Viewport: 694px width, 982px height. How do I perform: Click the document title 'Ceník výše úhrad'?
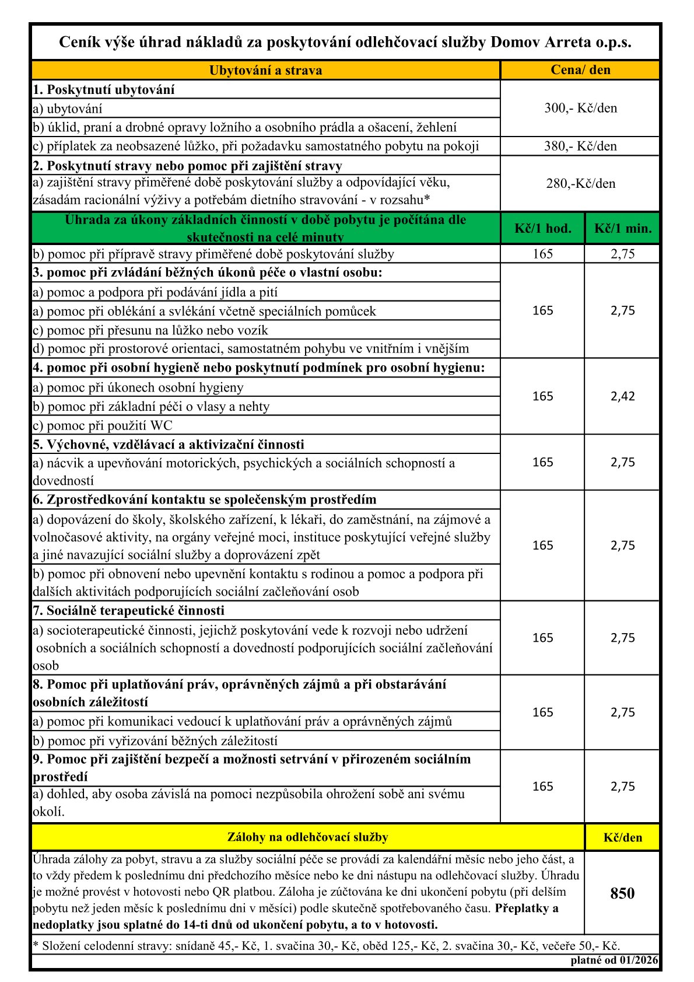345,43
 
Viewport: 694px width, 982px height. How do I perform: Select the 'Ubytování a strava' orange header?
265,71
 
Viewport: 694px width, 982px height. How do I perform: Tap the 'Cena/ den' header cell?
580,70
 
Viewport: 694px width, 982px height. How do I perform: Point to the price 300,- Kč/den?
580,108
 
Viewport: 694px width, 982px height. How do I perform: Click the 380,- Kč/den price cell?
580,146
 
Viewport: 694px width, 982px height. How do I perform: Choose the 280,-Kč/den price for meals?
580,184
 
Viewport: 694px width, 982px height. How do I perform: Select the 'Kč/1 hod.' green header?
542,228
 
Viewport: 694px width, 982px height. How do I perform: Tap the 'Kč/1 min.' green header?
622,228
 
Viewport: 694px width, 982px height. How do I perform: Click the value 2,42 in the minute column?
622,396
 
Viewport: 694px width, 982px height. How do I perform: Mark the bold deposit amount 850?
622,893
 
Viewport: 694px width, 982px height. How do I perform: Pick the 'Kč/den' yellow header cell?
622,837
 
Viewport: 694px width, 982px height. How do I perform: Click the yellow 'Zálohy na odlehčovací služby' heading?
307,837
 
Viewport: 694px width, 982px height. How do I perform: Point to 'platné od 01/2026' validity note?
614,960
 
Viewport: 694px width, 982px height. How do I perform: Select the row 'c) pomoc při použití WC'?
103,425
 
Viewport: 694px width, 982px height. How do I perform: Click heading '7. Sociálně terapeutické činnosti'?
129,611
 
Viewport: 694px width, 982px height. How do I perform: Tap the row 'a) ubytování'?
68,109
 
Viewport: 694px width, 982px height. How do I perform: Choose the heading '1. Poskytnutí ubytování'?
104,90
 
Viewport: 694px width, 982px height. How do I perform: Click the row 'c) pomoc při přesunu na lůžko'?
150,330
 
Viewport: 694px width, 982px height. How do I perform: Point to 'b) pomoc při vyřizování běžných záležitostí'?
155,740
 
